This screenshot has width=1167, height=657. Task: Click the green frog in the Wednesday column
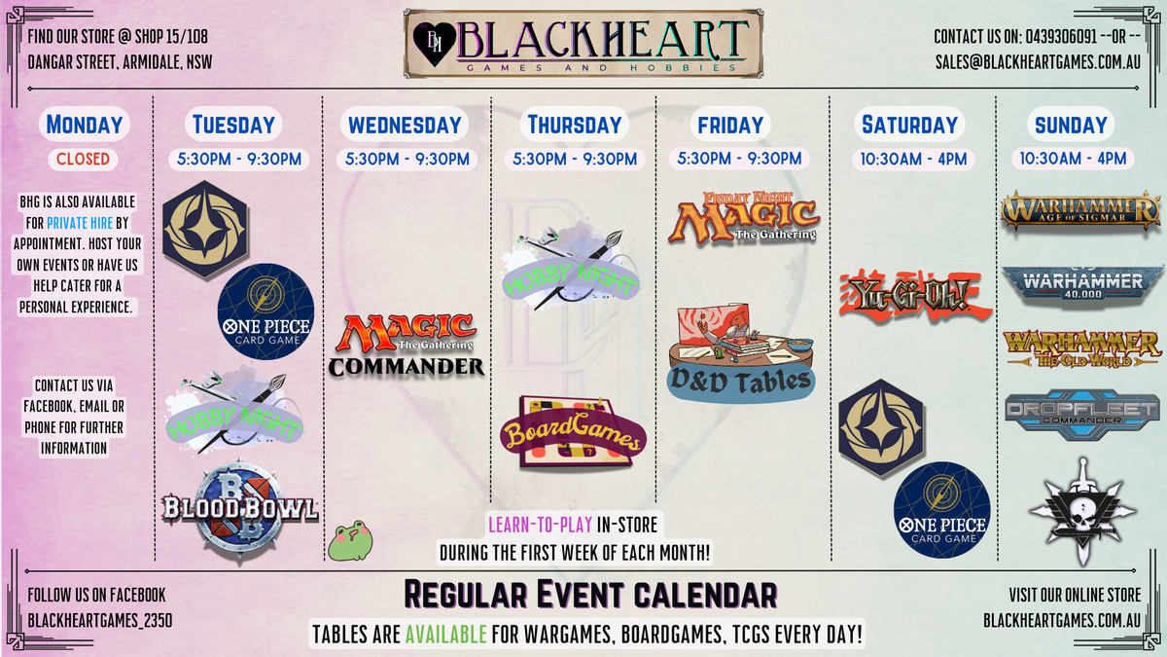[350, 540]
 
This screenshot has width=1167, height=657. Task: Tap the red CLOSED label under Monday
[84, 159]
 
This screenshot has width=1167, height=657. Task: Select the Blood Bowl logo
[239, 510]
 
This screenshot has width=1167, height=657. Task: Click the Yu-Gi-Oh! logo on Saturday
[915, 296]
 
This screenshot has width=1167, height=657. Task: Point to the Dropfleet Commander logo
[1082, 414]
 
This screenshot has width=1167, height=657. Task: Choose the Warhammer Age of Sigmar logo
[1081, 210]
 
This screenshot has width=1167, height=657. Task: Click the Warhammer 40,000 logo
[1082, 286]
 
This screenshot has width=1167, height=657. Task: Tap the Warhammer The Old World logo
[1082, 348]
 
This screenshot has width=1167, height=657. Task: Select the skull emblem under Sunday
[1083, 512]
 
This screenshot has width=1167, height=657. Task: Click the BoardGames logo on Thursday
[573, 432]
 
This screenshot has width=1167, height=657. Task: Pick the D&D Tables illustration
[741, 353]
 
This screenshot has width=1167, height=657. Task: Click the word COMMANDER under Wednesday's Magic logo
[407, 367]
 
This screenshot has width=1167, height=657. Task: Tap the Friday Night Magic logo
[744, 218]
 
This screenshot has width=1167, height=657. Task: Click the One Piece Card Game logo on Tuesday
[265, 311]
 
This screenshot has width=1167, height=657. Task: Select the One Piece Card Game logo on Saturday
[942, 510]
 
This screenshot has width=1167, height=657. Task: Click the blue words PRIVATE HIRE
[80, 223]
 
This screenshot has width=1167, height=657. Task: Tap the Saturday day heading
[909, 125]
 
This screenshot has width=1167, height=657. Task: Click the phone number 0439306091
[1061, 37]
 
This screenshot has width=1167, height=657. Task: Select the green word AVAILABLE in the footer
[446, 635]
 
